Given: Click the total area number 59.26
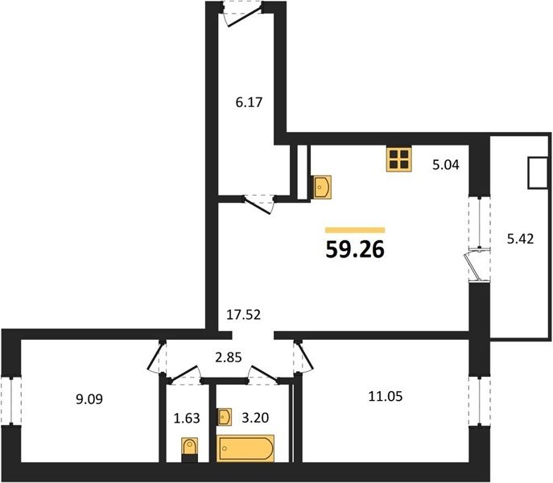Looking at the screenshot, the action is (355, 250).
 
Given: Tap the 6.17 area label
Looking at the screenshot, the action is (249, 102).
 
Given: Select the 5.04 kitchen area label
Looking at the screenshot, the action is (446, 165).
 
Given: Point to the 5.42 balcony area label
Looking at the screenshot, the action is (520, 239).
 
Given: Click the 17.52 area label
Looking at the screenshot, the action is (243, 315).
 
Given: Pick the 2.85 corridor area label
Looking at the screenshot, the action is (229, 357).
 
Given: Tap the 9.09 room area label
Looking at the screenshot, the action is (89, 399).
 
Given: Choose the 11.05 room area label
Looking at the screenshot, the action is (385, 397).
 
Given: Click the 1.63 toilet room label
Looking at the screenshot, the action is (187, 419).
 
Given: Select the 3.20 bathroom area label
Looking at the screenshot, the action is (255, 418).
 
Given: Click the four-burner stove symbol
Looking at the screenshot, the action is (399, 159).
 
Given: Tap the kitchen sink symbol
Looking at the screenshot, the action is (322, 187).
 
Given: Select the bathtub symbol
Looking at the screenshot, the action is (246, 448).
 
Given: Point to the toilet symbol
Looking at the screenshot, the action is (189, 447).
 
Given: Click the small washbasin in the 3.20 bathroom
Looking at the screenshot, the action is (225, 417).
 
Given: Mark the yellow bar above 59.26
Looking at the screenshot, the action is (355, 230).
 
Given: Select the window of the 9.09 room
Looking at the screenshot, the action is (11, 401).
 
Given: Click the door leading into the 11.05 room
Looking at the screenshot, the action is (303, 356).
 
